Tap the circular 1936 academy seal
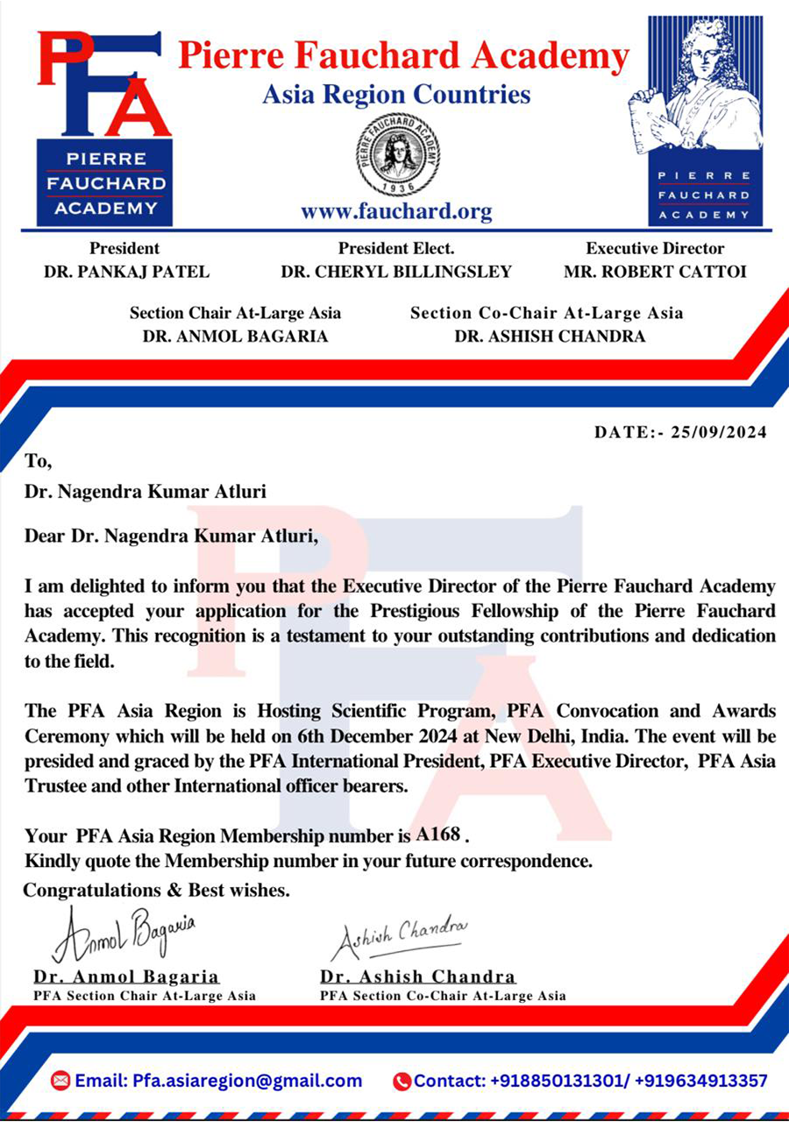[398, 154]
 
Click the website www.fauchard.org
[396, 211]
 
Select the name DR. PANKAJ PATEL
[126, 272]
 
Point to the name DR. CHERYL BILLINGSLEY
[396, 272]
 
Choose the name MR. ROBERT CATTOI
[655, 272]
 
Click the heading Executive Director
[655, 248]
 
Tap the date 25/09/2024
[718, 432]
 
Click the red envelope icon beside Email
[60, 1081]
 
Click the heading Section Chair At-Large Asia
[235, 313]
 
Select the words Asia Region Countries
[396, 94]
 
